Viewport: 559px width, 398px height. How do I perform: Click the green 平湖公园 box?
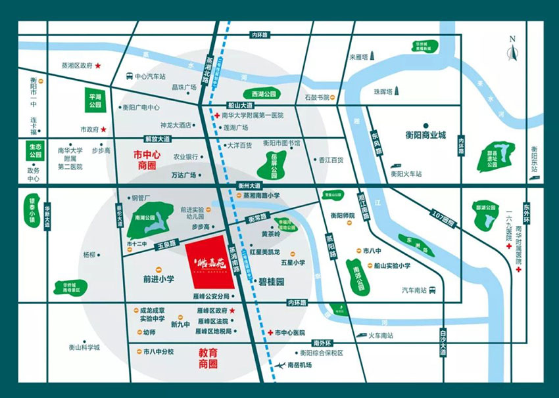point(96,100)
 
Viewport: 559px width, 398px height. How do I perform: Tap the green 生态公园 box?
point(35,151)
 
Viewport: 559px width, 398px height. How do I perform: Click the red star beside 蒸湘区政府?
point(98,66)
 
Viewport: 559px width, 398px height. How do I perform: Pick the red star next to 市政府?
point(103,129)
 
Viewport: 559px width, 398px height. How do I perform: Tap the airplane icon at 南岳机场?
point(281,365)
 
